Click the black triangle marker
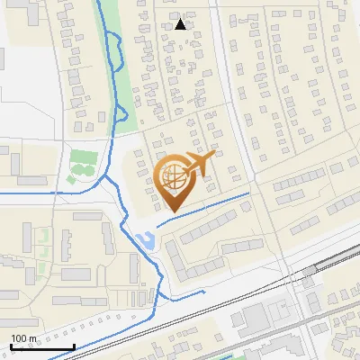coord(181,24)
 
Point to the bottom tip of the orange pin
coord(172,211)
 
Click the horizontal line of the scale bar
coord(41,346)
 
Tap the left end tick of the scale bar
coord(10,345)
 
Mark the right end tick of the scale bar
coord(74,345)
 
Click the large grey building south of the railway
coord(256,317)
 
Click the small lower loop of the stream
coord(119,113)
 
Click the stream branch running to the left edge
coord(36,192)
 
